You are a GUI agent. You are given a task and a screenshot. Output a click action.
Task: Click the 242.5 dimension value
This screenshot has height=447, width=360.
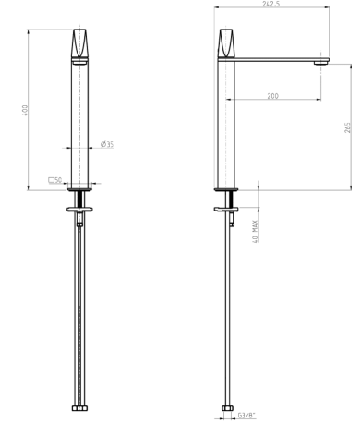tap(271, 4)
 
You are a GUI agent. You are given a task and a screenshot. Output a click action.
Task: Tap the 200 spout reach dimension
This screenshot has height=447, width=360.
tap(272, 96)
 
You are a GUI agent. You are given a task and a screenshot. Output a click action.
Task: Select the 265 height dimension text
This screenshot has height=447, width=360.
tap(347, 127)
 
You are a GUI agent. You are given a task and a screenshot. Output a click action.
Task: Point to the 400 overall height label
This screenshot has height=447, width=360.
tap(25, 111)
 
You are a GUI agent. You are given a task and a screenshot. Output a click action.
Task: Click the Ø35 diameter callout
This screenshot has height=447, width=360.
tap(107, 144)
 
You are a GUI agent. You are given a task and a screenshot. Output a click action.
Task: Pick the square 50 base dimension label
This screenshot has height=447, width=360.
tap(55, 180)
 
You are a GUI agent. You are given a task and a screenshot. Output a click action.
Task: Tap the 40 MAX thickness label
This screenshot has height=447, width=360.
tap(255, 231)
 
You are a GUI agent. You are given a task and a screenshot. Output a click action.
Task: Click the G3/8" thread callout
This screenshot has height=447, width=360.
tap(246, 416)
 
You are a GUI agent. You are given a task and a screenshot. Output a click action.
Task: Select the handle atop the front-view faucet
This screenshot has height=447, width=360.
tap(79, 42)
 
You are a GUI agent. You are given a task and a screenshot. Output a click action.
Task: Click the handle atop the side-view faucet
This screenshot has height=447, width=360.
tap(226, 42)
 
